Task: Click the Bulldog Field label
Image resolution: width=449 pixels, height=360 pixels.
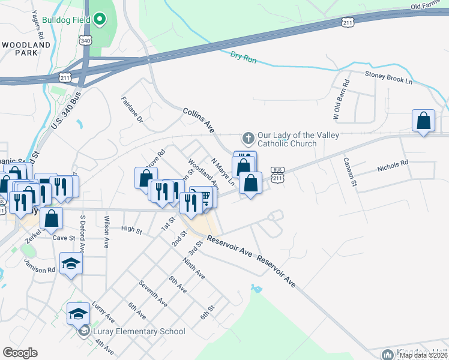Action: click(66, 20)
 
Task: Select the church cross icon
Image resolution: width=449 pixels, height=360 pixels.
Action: click(247, 139)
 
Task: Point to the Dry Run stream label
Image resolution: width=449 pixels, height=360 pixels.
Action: click(243, 57)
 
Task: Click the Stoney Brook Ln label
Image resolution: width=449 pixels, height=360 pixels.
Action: click(390, 77)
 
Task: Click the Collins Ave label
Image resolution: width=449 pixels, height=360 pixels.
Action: click(199, 120)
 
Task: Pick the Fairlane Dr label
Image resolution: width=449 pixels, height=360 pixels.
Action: click(131, 110)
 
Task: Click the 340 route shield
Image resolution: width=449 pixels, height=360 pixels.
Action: click(86, 40)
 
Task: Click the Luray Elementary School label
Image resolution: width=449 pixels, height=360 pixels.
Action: click(139, 332)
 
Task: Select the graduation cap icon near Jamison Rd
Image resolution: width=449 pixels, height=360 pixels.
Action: click(71, 264)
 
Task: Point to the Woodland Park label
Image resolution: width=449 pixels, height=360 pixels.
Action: click(26, 49)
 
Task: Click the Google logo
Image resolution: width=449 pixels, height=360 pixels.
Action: click(20, 353)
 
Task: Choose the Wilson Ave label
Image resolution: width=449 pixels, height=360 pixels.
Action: click(106, 232)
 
